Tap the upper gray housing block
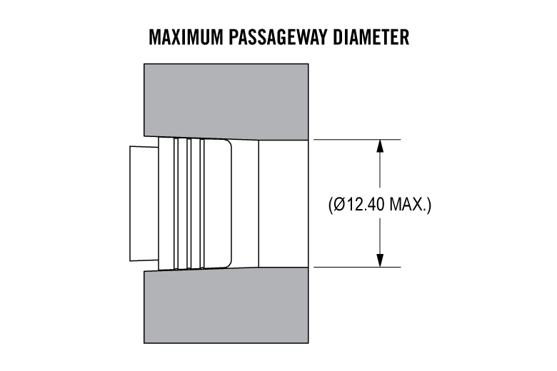point(227,100)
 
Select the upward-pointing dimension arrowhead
point(380,146)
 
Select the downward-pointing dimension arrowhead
point(380,260)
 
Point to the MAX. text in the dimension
point(409,205)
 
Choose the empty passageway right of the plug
point(283,203)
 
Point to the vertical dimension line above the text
point(380,171)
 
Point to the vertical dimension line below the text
point(380,235)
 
